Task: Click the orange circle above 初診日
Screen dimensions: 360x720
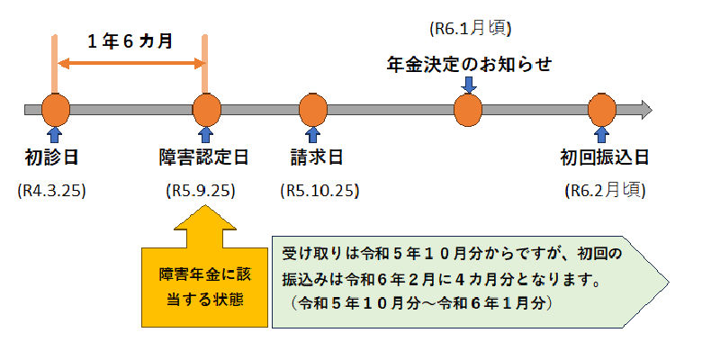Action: tap(55, 110)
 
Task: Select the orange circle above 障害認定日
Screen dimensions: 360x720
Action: tap(206, 110)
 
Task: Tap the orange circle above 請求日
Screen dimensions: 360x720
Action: tap(312, 110)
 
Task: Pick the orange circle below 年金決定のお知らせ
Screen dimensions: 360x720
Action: tap(468, 110)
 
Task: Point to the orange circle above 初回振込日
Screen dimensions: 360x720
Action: tap(600, 110)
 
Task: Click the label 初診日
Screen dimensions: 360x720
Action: tap(52, 158)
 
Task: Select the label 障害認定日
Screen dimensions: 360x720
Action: tap(204, 158)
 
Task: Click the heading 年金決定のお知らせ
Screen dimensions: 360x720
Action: tap(468, 64)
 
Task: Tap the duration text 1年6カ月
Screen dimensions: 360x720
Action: tap(130, 40)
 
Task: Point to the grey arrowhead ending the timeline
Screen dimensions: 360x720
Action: tap(643, 110)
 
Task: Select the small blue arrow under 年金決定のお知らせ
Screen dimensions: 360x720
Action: tap(468, 85)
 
